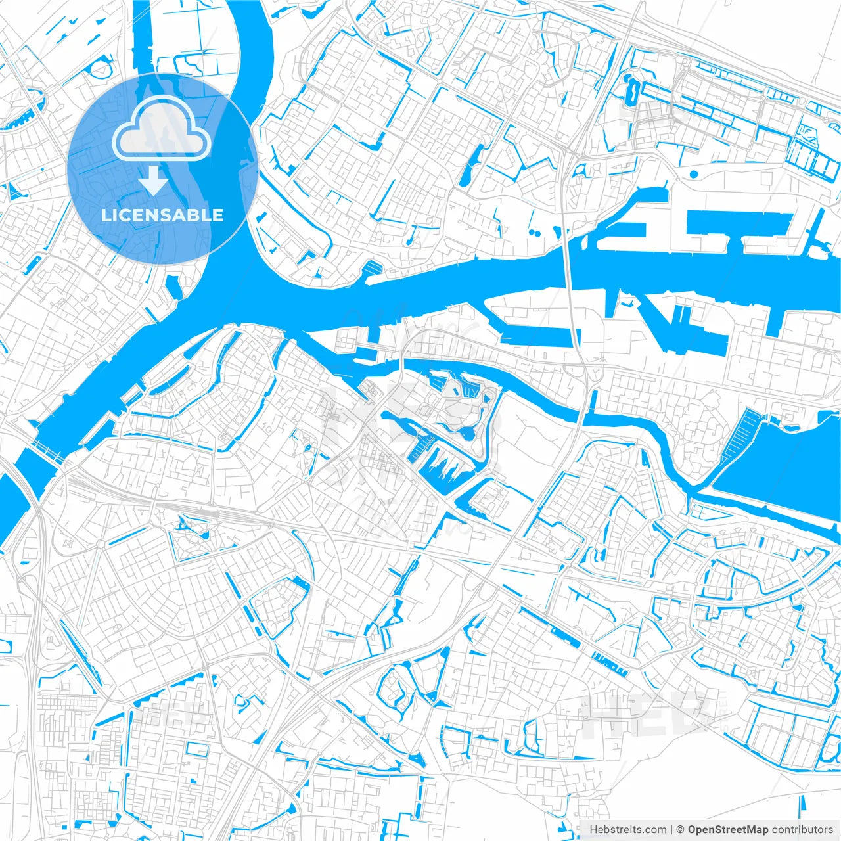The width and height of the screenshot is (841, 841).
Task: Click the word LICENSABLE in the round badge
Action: pos(162,216)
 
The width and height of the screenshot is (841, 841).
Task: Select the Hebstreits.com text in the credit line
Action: pos(627,829)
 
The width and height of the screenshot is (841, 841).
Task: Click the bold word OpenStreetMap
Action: pos(727,829)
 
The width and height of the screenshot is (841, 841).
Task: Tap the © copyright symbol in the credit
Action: pos(681,829)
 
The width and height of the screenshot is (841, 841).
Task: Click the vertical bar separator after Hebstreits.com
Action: pos(671,829)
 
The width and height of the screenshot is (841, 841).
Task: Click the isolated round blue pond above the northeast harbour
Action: pos(693,174)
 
